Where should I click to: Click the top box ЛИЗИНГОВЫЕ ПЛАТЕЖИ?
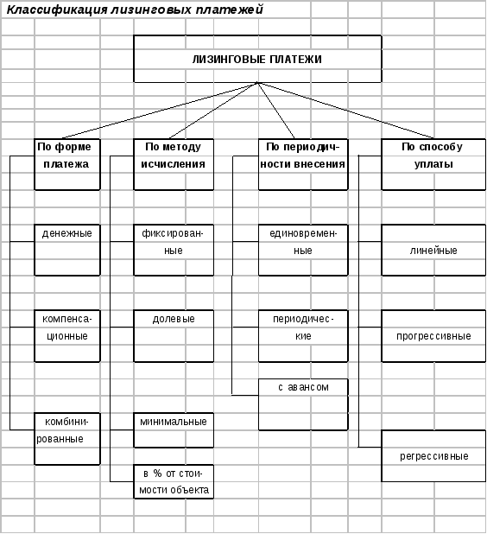pyautogui.click(x=257, y=59)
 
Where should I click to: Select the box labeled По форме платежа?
pyautogui.click(x=67, y=164)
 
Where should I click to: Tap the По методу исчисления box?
pyautogui.click(x=174, y=164)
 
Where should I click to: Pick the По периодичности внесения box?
pyautogui.click(x=303, y=164)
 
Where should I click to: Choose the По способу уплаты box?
pyautogui.click(x=433, y=164)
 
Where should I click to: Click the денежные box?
pyautogui.click(x=67, y=250)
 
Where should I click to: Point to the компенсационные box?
pyautogui.click(x=67, y=336)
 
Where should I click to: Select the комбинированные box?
pyautogui.click(x=67, y=439)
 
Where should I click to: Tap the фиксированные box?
pyautogui.click(x=174, y=250)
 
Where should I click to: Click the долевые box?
pyautogui.click(x=174, y=336)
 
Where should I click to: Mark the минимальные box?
pyautogui.click(x=174, y=430)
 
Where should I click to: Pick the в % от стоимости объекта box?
pyautogui.click(x=174, y=481)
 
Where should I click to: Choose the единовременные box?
pyautogui.click(x=303, y=250)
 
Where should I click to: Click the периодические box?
pyautogui.click(x=303, y=336)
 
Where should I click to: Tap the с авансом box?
pyautogui.click(x=303, y=404)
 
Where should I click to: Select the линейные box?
pyautogui.click(x=433, y=250)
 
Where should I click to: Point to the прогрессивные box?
pyautogui.click(x=433, y=336)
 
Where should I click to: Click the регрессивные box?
pyautogui.click(x=433, y=456)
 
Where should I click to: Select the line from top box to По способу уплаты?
pyautogui.click(x=345, y=111)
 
